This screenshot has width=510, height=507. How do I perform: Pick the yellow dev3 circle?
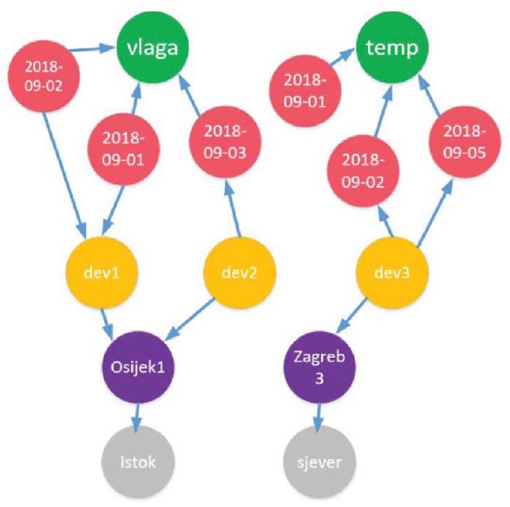click(390, 272)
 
